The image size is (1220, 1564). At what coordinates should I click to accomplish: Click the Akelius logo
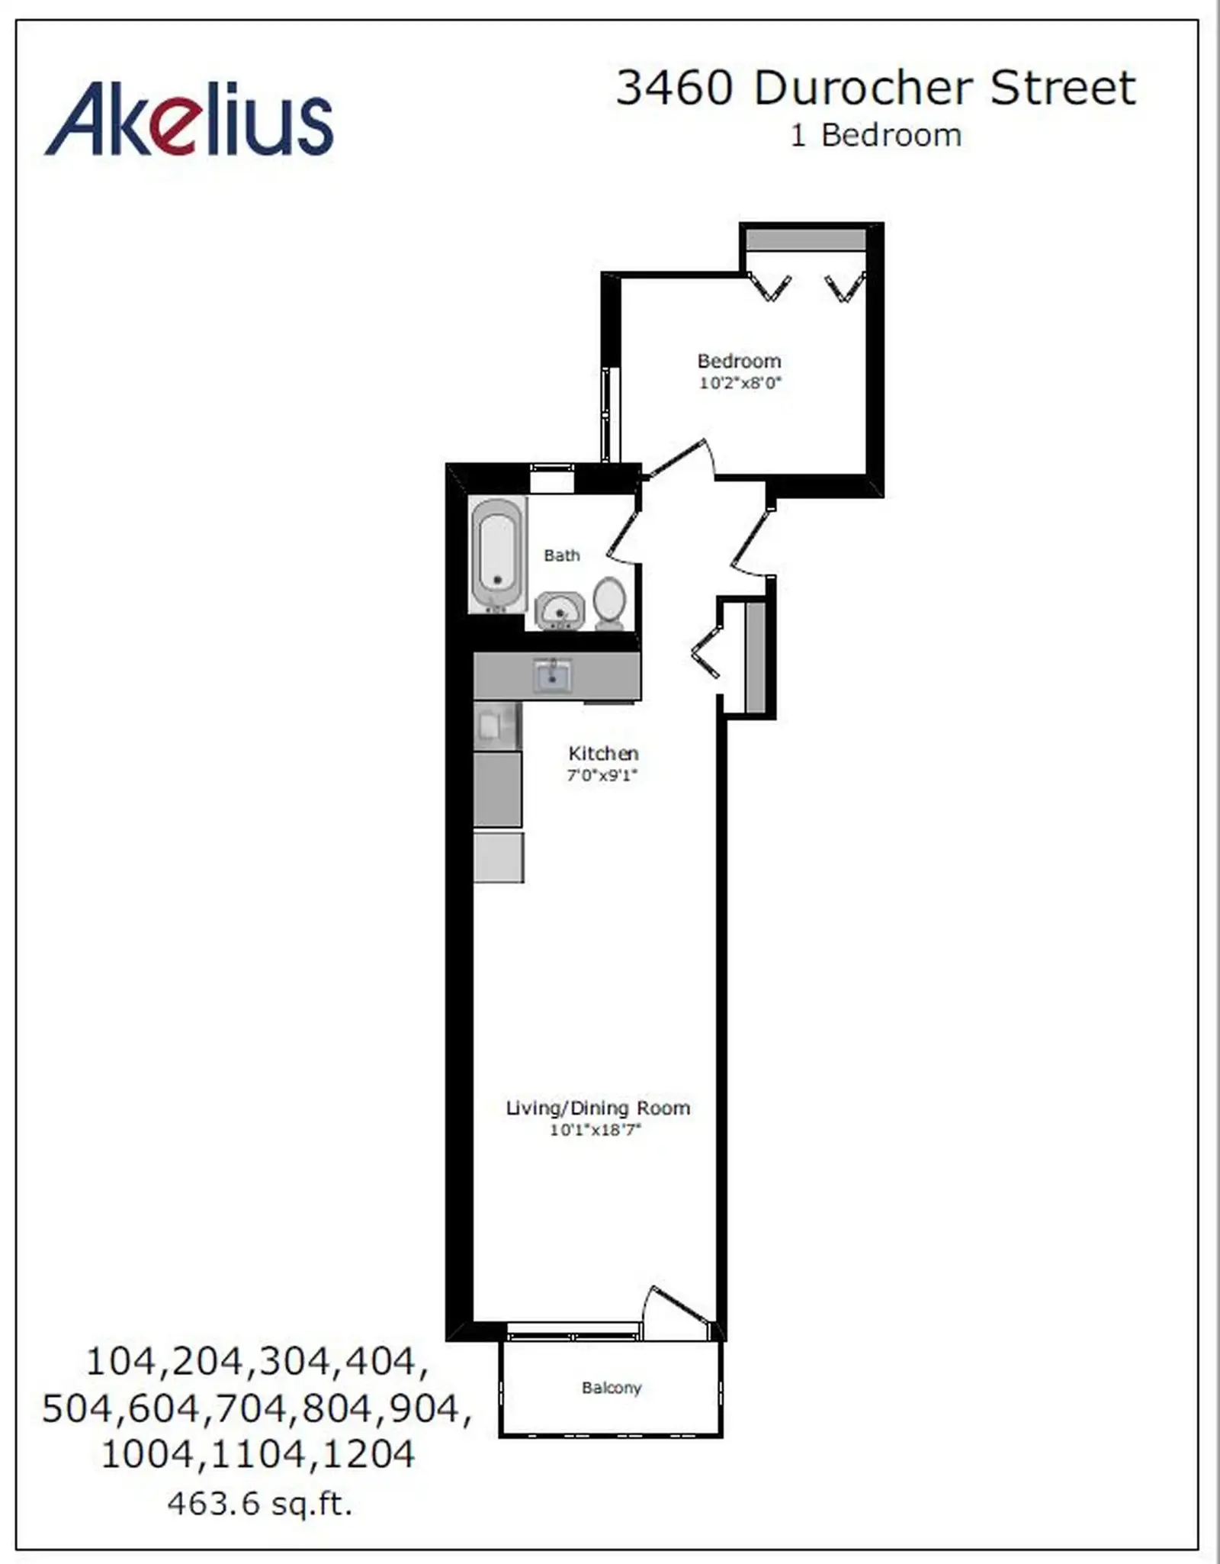click(x=189, y=119)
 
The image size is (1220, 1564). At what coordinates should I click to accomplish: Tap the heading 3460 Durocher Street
click(x=876, y=88)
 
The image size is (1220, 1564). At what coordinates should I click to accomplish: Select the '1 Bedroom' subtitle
click(x=876, y=136)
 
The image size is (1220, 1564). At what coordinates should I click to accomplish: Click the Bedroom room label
click(x=739, y=361)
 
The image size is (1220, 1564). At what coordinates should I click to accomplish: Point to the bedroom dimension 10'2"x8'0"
click(x=740, y=383)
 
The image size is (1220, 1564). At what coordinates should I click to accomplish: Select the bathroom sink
click(x=560, y=611)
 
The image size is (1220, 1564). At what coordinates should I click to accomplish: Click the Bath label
click(x=562, y=555)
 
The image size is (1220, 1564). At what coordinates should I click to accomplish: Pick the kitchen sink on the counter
click(x=552, y=674)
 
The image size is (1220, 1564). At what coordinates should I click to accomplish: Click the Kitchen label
click(x=603, y=754)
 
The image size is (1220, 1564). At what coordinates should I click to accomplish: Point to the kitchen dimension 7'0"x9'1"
click(x=602, y=776)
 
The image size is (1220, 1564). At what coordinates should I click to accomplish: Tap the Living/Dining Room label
click(x=598, y=1108)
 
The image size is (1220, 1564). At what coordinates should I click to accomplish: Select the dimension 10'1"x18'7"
click(x=596, y=1130)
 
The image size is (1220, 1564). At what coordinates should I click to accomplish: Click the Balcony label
click(x=612, y=1388)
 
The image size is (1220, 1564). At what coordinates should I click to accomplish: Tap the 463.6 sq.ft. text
click(x=259, y=1504)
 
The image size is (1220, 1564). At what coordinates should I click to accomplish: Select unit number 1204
click(x=369, y=1454)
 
